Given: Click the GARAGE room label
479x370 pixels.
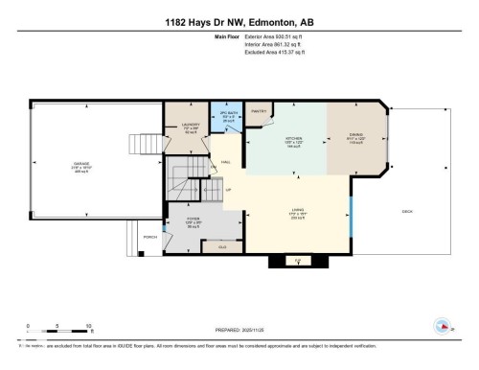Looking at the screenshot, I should [x=81, y=164].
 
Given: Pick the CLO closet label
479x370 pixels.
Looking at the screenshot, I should [x=222, y=247].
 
